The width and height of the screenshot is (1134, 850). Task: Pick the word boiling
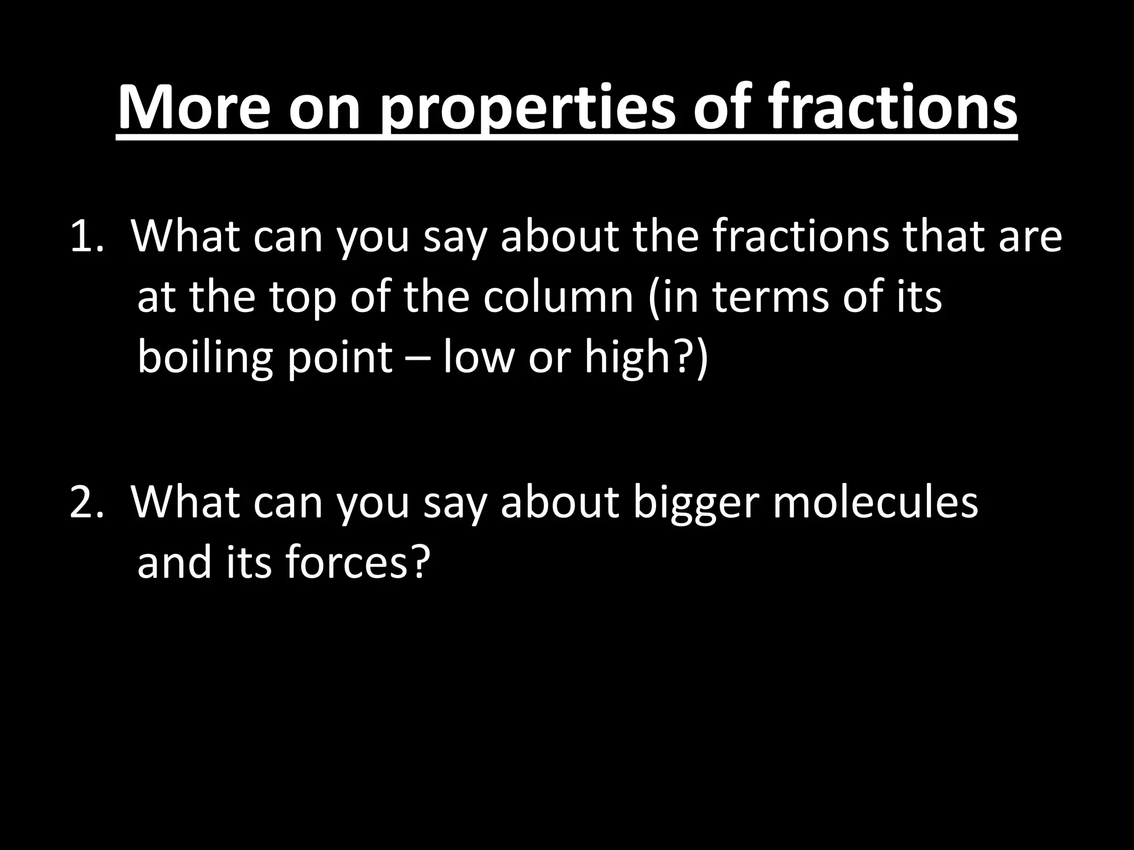coord(205,359)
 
